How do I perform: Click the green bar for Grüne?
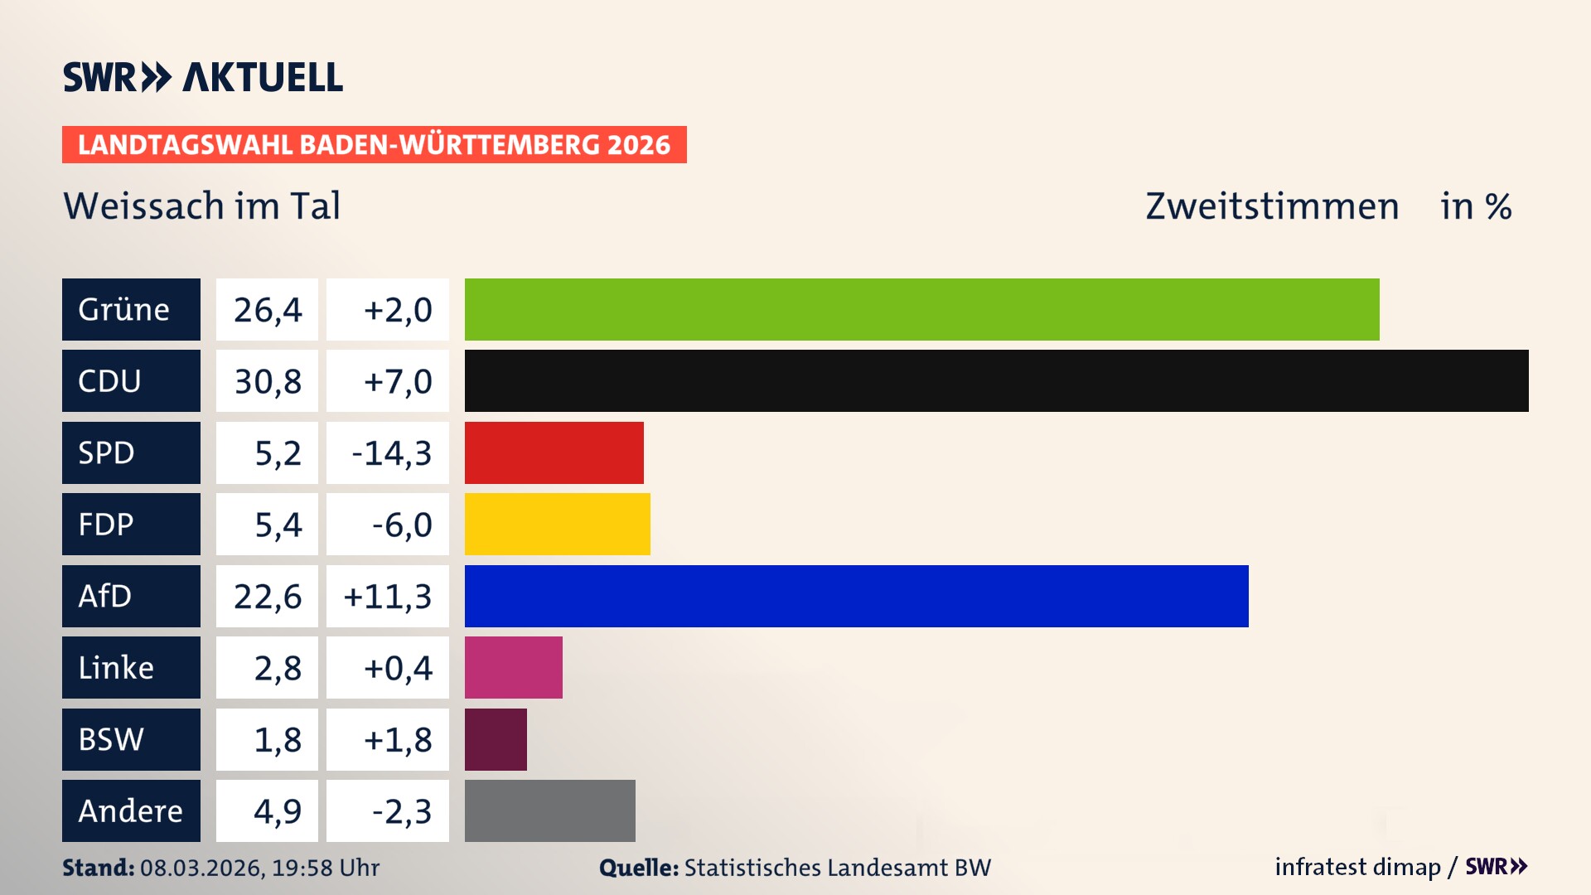tap(921, 309)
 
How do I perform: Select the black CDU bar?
tap(996, 380)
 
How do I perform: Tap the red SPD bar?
tap(554, 452)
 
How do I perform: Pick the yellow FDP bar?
tap(557, 524)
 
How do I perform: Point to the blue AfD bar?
tap(856, 596)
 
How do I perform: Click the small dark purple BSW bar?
tap(496, 739)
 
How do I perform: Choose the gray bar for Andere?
tap(549, 810)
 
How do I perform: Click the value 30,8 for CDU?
tap(267, 381)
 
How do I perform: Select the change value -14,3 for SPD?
tap(391, 453)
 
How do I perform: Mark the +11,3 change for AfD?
tap(388, 597)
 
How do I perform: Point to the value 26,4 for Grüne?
tap(267, 310)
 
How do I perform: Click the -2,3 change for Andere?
tap(401, 811)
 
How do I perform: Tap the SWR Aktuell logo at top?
tap(203, 77)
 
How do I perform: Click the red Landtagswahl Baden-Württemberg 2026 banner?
tap(374, 144)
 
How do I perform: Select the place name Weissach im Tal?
tap(201, 206)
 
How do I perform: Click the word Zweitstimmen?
tap(1272, 206)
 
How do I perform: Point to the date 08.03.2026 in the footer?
tap(201, 868)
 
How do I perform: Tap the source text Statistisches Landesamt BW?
tap(837, 868)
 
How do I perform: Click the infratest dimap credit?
tap(1357, 867)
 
